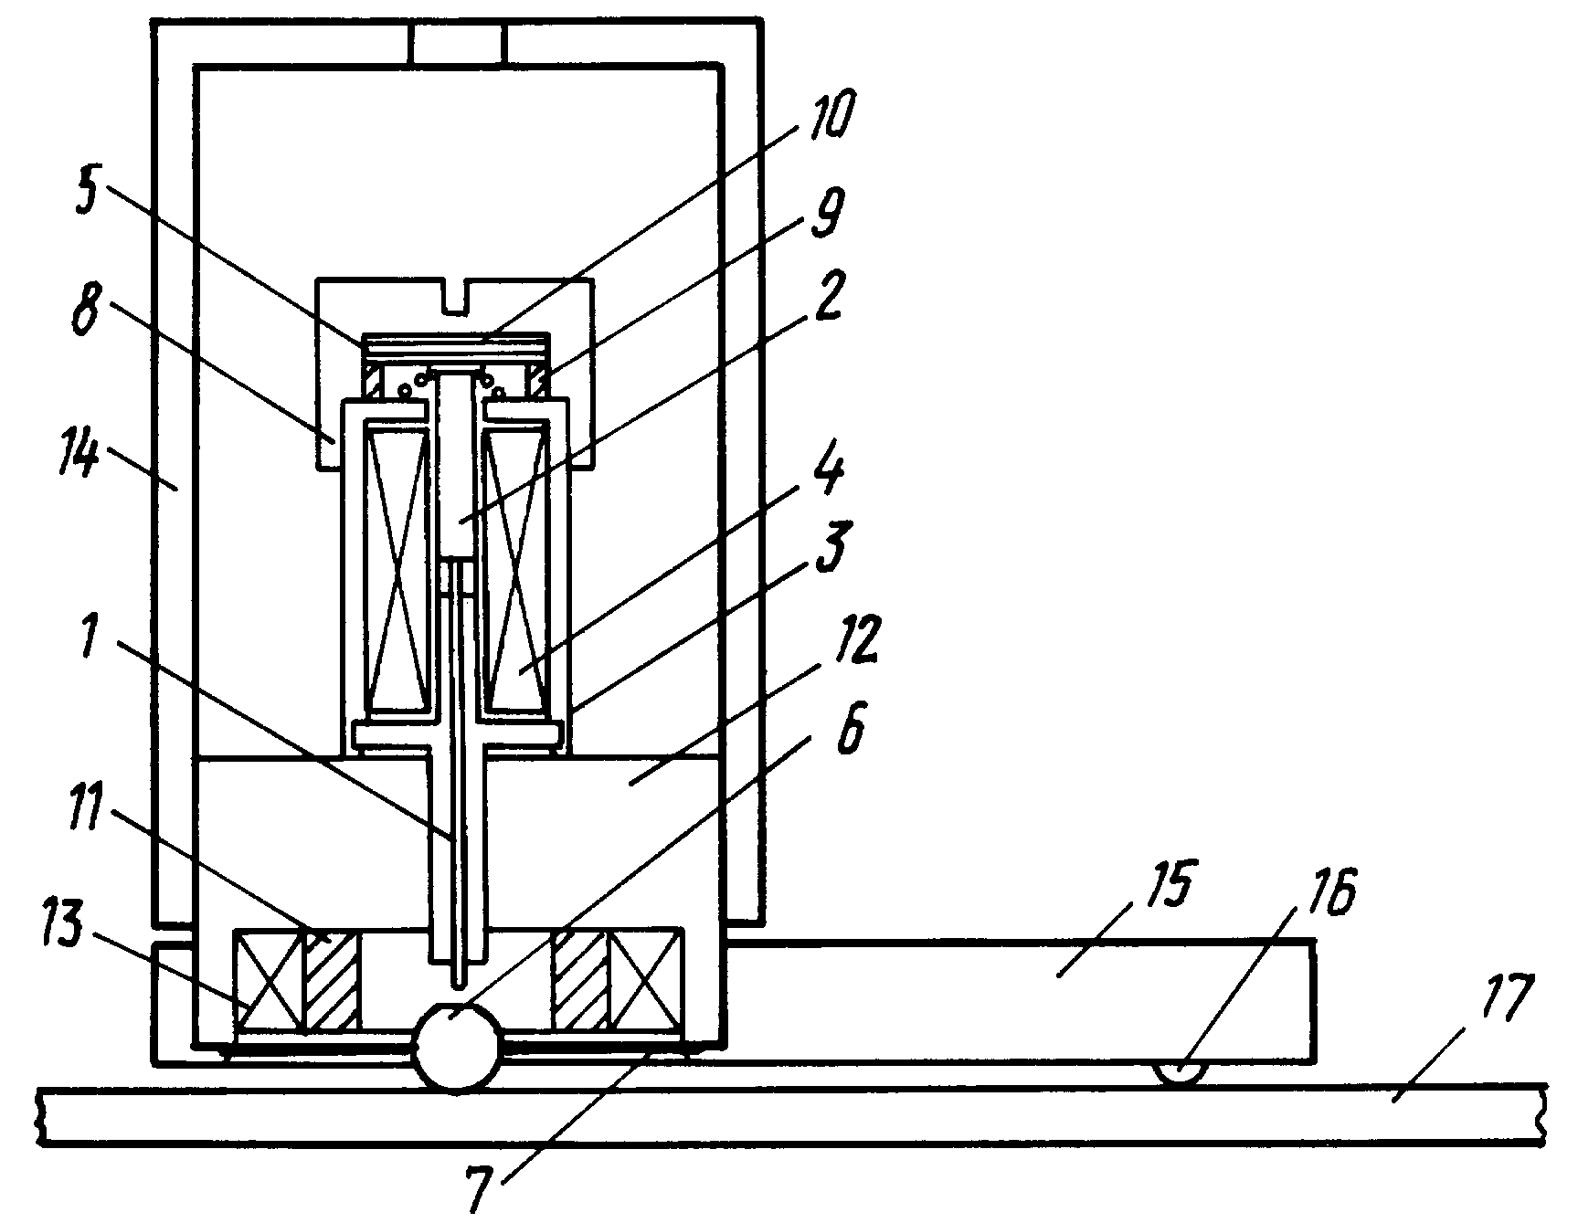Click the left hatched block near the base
(331, 981)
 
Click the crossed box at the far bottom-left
(269, 981)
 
